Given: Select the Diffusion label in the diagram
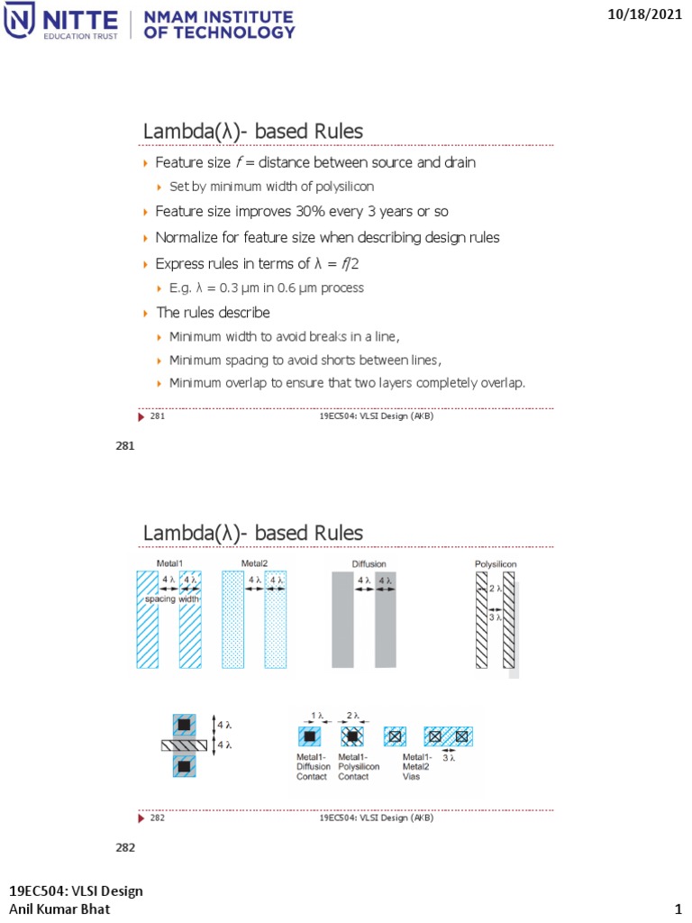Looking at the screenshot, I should [x=369, y=564].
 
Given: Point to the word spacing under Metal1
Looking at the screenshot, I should [x=159, y=599].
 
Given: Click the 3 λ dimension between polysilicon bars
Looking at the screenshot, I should [x=494, y=619].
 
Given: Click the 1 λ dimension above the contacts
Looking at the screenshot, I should [x=314, y=717].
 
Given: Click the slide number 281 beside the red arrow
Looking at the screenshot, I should [x=157, y=416].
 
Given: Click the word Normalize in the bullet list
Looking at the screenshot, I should [x=187, y=238].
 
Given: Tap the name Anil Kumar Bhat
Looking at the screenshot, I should [x=59, y=909].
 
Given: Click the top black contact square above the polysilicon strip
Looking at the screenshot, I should [x=184, y=725].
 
